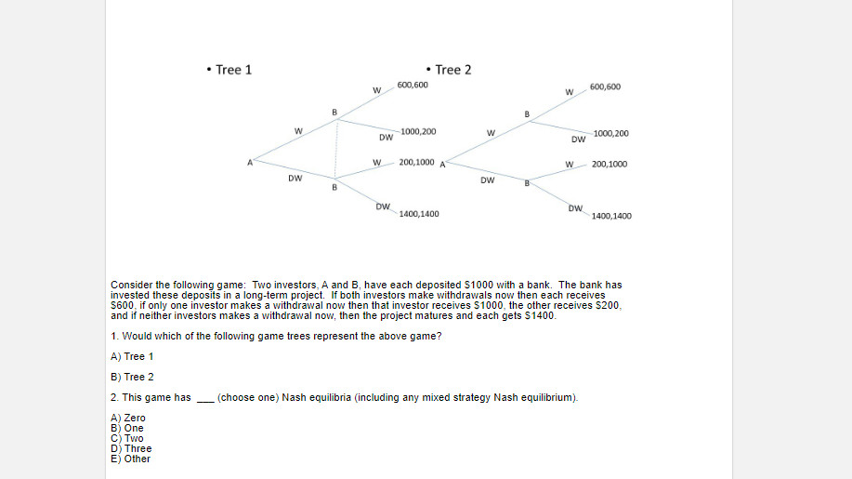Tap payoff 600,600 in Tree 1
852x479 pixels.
413,85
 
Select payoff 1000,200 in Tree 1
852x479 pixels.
419,132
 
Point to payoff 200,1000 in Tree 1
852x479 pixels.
416,162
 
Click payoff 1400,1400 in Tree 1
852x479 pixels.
419,214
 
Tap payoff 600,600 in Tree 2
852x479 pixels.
605,87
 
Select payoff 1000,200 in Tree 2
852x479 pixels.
610,133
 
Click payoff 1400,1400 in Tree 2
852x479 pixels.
610,216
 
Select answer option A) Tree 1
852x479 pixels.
132,356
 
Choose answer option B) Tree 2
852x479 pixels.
132,377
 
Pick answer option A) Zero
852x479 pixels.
128,418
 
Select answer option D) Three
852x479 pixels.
130,448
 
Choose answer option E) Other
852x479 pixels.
130,459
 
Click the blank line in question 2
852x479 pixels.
204,399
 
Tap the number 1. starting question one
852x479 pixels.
113,336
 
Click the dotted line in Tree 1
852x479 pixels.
336,147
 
